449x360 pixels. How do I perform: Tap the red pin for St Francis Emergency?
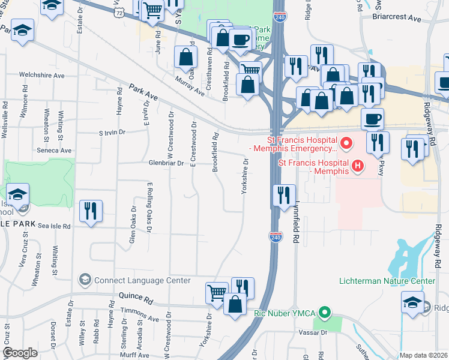pos(345,144)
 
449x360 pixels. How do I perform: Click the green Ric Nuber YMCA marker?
pos(325,313)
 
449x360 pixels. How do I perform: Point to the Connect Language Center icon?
pos(85,280)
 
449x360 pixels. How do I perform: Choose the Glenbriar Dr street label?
pos(162,163)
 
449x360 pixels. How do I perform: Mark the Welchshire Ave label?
pos(41,76)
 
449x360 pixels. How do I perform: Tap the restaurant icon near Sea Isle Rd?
pos(91,211)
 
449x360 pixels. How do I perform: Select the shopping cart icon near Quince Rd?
pos(217,292)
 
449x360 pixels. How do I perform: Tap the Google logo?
pos(20,353)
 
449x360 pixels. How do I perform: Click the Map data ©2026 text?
pos(423,355)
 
